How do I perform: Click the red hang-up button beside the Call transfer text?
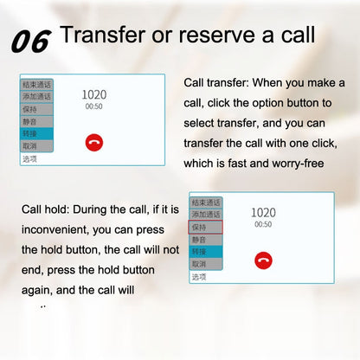tap(94, 143)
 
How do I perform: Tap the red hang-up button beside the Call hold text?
tap(263, 260)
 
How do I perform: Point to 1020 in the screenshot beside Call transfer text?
tap(94, 94)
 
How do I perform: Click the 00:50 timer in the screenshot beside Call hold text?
tap(263, 224)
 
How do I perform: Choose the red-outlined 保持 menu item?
tap(205, 227)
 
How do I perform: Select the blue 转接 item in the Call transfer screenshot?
tap(36, 134)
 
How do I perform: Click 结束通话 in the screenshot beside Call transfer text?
tap(37, 85)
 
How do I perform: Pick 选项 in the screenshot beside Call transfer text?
tap(30, 159)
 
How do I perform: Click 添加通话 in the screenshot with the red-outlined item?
tap(205, 214)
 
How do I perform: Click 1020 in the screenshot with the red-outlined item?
tap(263, 212)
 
